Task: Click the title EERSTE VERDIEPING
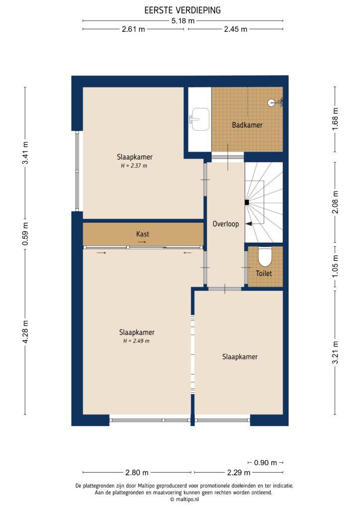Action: point(182,9)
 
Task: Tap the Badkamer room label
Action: point(247,125)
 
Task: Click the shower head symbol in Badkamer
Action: point(272,103)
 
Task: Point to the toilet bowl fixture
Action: point(265,257)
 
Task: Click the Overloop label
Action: point(225,224)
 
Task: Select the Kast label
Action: point(143,234)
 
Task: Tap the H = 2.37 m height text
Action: point(134,166)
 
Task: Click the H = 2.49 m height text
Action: point(136,341)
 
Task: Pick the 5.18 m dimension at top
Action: point(182,20)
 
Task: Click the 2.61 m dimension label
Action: point(133,29)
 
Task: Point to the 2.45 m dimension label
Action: point(235,29)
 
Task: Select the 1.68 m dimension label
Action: point(335,118)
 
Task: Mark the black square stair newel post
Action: point(247,202)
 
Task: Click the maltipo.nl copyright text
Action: point(183,500)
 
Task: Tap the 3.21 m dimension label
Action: point(335,352)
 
